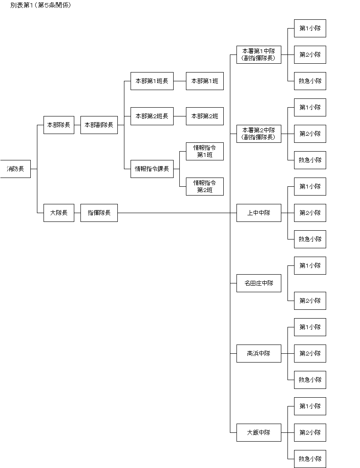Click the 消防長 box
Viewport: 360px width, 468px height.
[15, 169]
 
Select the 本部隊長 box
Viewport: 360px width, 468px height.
[59, 125]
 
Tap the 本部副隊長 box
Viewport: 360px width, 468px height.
[99, 125]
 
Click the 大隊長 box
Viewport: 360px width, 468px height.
[59, 213]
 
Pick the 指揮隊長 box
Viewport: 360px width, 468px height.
[99, 213]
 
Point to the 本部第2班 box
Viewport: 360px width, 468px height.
[204, 116]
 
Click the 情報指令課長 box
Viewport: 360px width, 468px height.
[152, 169]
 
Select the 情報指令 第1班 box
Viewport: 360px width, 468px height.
[204, 151]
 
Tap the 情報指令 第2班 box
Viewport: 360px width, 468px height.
[204, 186]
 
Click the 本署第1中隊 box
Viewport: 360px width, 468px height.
[258, 54]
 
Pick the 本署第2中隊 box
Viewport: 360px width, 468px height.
[258, 134]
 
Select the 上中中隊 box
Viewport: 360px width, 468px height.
[258, 213]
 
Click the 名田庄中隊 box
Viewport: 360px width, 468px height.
[258, 283]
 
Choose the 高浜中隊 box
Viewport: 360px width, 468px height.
[258, 353]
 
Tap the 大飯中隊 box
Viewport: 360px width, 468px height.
[258, 432]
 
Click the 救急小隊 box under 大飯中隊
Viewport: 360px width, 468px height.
[310, 459]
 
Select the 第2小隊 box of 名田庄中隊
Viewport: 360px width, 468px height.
[310, 301]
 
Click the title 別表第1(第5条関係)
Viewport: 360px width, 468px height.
[40, 6]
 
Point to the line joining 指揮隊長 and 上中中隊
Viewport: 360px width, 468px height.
[176, 213]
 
